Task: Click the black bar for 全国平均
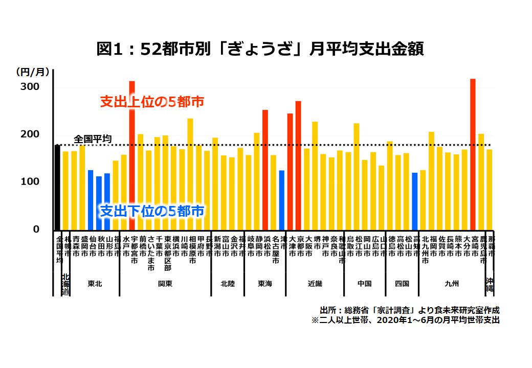[x=57, y=187]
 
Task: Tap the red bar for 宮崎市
[x=473, y=154]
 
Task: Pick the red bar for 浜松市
[x=265, y=169]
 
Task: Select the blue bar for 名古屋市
[x=281, y=199]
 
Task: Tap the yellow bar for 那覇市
[x=490, y=189]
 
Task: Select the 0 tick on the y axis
[x=36, y=229]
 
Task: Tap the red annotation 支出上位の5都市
[x=152, y=102]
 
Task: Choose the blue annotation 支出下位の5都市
[x=152, y=211]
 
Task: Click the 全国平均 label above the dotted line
[x=93, y=139]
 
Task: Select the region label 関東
[x=165, y=284]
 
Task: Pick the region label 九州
[x=452, y=284]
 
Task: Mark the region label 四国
[x=402, y=284]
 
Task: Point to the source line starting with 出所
[x=409, y=310]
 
